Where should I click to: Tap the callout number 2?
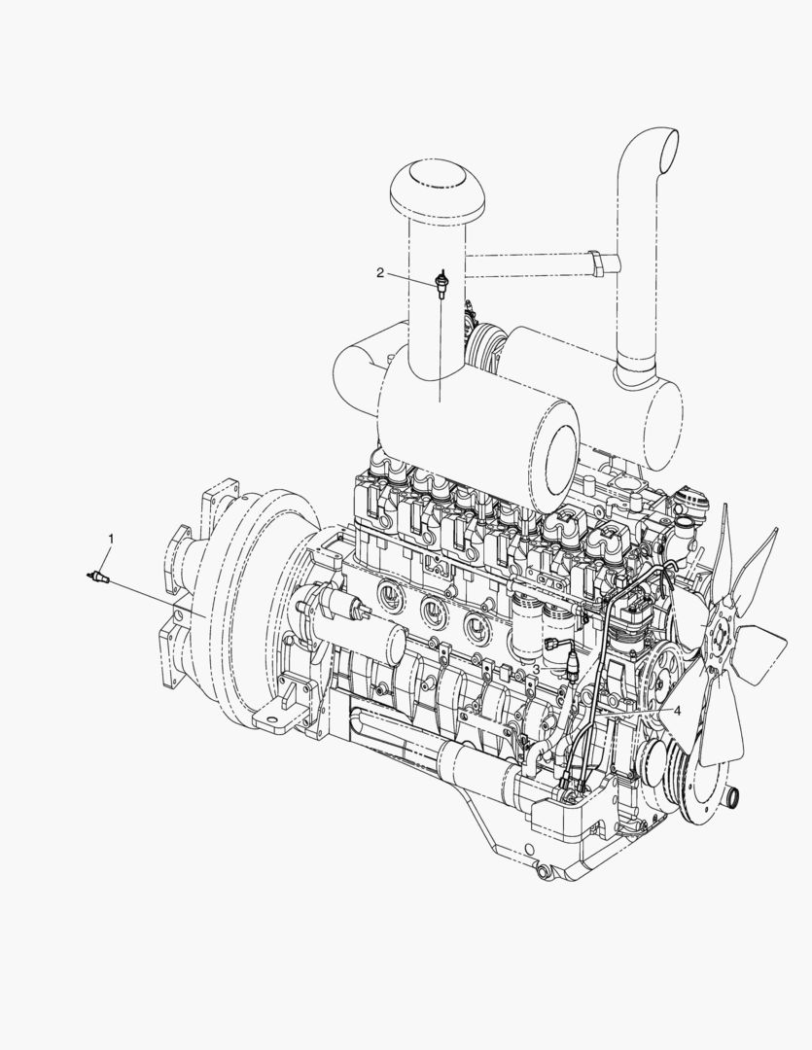(380, 272)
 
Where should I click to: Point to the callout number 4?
(678, 711)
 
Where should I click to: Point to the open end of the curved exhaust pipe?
(669, 148)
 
